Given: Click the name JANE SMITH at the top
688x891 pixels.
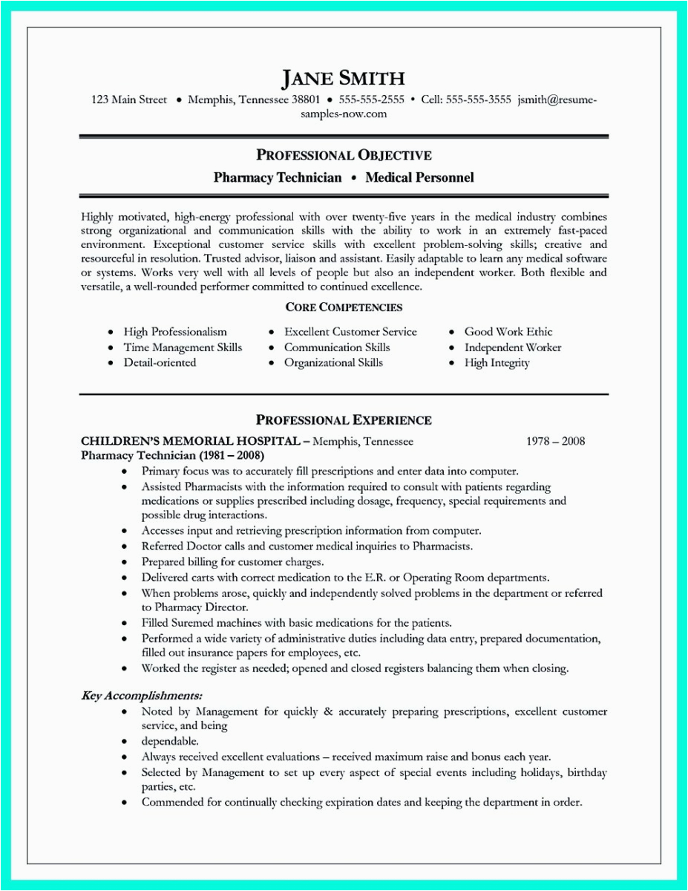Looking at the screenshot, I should [343, 78].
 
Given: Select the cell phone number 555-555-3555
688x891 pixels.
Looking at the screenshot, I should [479, 99].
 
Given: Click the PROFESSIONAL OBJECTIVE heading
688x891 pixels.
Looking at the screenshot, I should [344, 155].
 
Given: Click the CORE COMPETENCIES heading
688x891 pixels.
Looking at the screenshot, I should [344, 307].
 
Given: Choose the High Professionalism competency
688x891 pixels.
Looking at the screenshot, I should [175, 332].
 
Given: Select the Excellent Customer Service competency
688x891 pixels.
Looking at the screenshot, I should [350, 332].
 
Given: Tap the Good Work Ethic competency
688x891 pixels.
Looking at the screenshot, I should [508, 332].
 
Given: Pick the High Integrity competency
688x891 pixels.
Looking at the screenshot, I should [497, 363].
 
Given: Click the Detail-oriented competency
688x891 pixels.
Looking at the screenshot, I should [160, 363].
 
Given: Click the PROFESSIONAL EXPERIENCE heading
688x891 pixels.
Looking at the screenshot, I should [344, 420].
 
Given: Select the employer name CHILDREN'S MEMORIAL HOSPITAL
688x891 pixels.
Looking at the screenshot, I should [190, 441].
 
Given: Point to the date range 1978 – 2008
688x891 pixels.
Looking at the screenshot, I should [555, 441].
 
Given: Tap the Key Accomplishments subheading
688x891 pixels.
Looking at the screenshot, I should [141, 696].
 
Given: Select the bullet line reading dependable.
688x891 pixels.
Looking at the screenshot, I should [170, 741].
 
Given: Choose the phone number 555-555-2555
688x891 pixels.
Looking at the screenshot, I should [372, 99].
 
